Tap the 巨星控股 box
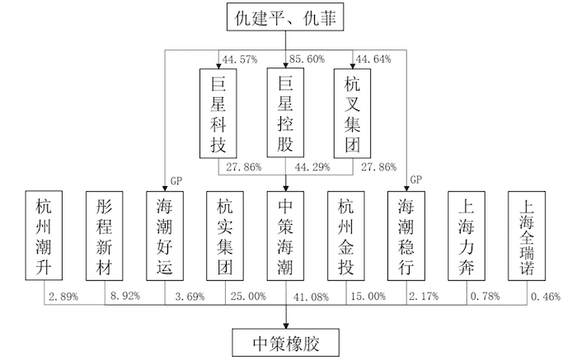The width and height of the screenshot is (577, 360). [x=285, y=113]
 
